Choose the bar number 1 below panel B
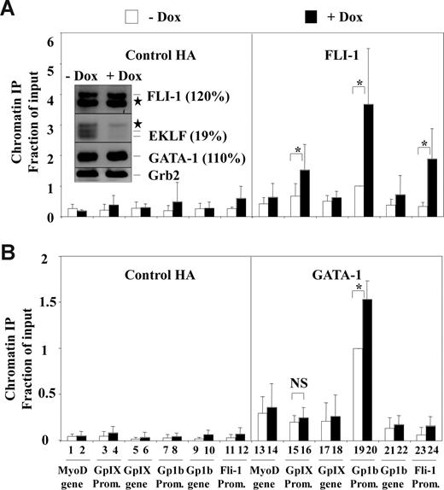(71, 450)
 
